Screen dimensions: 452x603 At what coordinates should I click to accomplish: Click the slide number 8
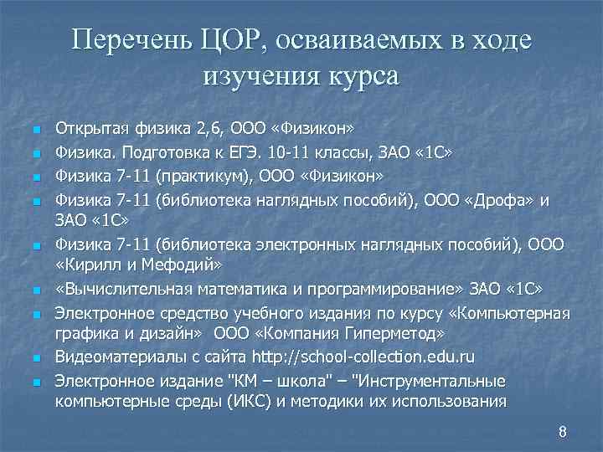(562, 433)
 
